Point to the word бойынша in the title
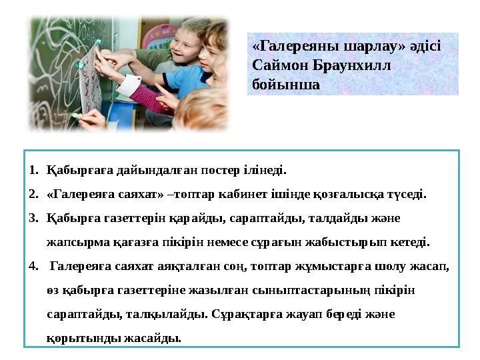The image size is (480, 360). (x=287, y=85)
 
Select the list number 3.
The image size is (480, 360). (x=33, y=218)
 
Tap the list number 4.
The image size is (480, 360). (x=33, y=267)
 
